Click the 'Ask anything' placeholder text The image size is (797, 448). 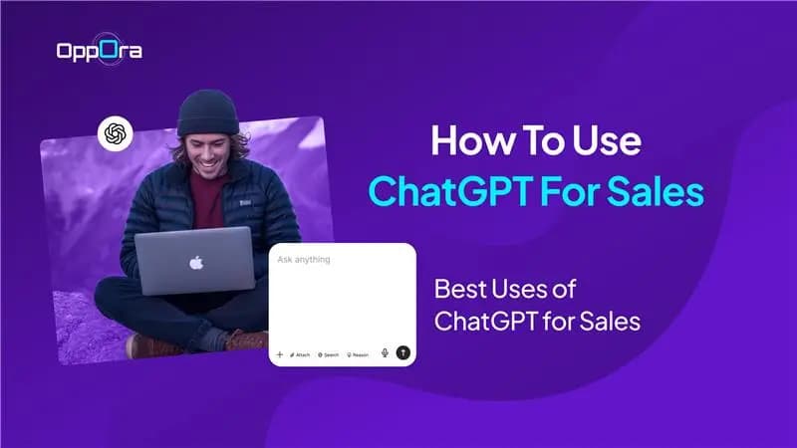pyautogui.click(x=304, y=260)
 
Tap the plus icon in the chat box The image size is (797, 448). pyautogui.click(x=279, y=353)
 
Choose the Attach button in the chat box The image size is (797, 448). pyautogui.click(x=300, y=353)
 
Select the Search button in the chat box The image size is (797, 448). pyautogui.click(x=328, y=353)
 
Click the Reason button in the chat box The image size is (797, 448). pyautogui.click(x=358, y=353)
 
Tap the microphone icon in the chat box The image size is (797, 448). pyautogui.click(x=385, y=352)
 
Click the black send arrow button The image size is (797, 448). pyautogui.click(x=402, y=352)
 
